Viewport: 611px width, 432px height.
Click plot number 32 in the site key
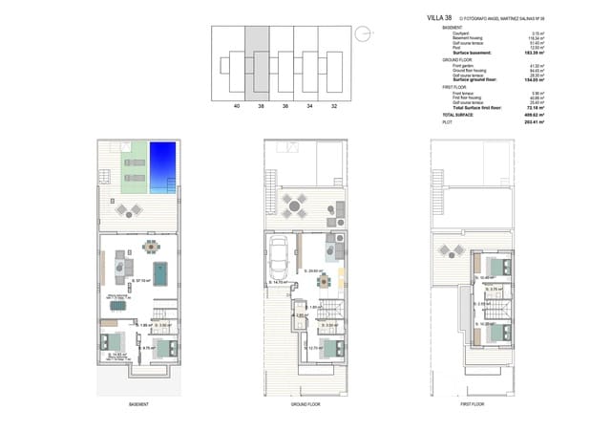point(333,107)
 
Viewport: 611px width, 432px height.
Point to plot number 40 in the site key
point(236,107)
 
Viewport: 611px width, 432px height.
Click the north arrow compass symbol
point(361,34)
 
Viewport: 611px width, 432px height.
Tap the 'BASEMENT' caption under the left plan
point(137,404)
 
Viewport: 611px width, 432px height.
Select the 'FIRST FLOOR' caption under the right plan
point(472,404)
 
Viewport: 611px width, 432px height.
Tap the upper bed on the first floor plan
point(495,267)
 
